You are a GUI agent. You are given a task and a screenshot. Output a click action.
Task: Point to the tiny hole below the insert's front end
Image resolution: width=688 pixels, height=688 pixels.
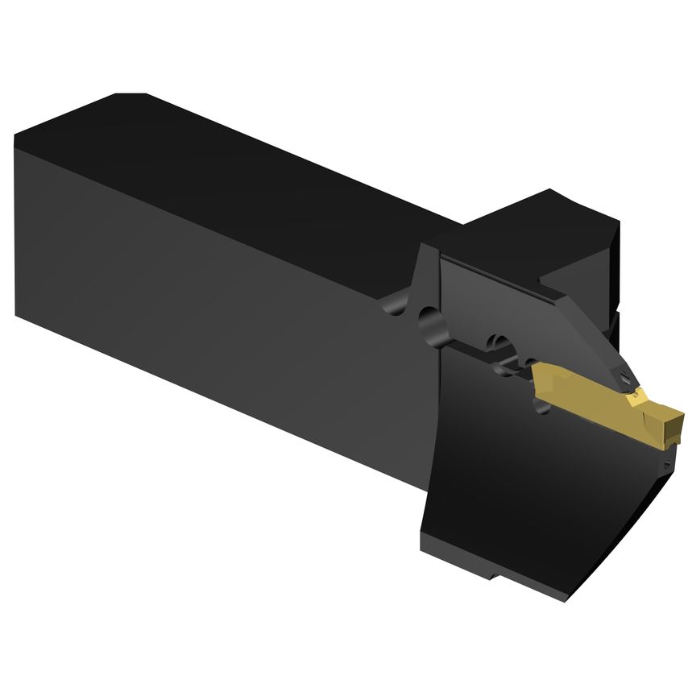[x=667, y=465]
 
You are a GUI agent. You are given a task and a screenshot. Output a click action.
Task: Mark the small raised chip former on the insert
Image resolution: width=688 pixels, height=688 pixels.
[x=636, y=394]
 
